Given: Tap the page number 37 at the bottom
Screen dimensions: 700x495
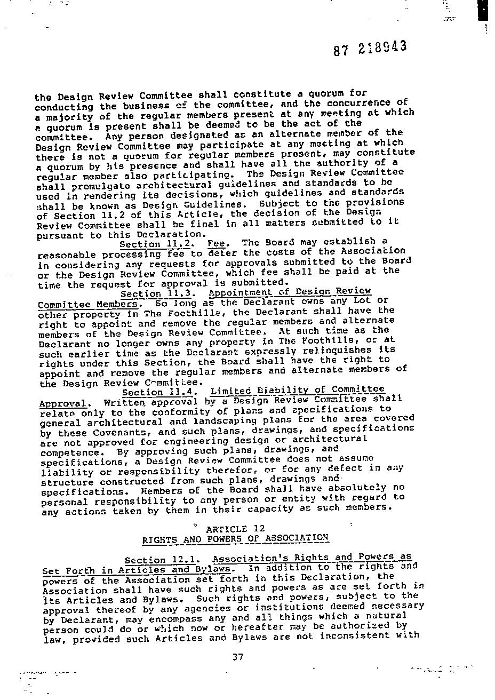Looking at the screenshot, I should click(238, 657).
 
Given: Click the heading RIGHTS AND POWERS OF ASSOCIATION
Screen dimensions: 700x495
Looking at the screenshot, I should click(235, 539).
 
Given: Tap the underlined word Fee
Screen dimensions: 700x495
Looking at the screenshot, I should click(217, 243).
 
